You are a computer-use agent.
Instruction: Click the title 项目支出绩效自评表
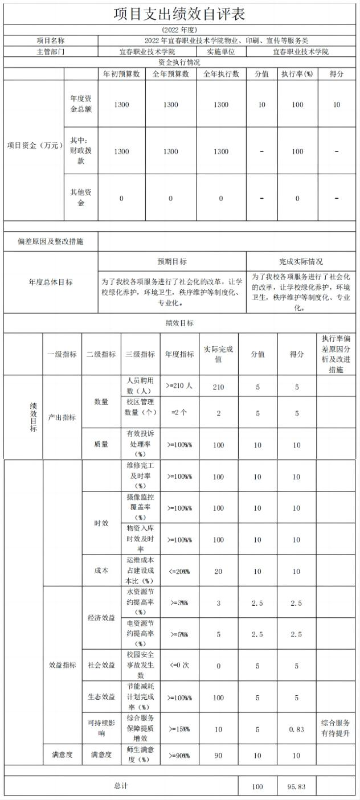[179, 14]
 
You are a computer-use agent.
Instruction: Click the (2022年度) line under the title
[179, 30]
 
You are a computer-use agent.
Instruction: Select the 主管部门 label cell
[51, 51]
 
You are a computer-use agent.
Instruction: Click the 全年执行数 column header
[221, 74]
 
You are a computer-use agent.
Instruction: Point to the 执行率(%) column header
[297, 74]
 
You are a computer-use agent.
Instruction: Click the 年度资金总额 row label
[80, 104]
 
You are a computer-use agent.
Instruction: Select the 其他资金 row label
[80, 198]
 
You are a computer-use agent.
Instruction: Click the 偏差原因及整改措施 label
[51, 241]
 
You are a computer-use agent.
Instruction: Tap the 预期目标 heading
[172, 261]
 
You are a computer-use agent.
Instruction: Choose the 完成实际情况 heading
[301, 261]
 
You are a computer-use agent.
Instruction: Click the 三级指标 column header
[140, 354]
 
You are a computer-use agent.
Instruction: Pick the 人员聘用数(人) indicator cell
[140, 387]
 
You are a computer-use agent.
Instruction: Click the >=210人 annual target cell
[179, 386]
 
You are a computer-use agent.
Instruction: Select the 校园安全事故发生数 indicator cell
[140, 664]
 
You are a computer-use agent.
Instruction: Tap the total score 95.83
[296, 787]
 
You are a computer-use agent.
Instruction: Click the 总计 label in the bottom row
[121, 786]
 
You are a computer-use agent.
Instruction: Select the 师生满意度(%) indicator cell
[140, 755]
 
